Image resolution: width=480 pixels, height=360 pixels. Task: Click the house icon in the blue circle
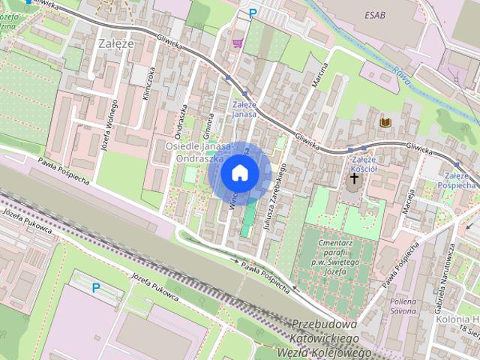click(x=239, y=172)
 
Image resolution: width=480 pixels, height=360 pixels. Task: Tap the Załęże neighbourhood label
click(x=116, y=43)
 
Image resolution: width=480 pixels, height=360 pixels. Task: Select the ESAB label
click(x=376, y=14)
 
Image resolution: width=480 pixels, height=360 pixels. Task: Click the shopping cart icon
click(x=238, y=44)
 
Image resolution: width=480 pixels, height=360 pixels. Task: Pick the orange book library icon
click(x=385, y=122)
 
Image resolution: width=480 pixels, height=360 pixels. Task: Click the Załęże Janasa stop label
click(x=244, y=110)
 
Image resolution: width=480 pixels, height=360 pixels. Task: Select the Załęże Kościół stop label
click(x=364, y=163)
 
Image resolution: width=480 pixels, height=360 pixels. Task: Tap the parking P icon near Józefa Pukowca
click(x=95, y=287)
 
